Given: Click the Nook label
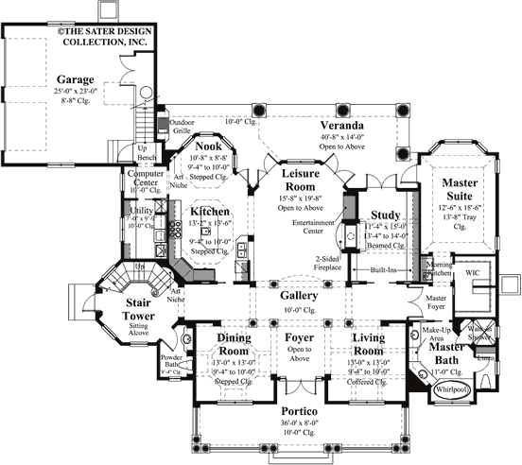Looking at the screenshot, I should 208,147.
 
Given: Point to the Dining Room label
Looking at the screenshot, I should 233,343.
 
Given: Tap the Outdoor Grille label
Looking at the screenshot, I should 182,127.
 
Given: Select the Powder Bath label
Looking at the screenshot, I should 171,360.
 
